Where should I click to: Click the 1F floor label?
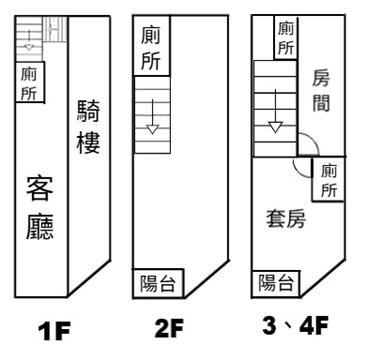pos(55,331)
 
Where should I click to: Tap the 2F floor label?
pos(169,329)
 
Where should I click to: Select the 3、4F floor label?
pos(295,326)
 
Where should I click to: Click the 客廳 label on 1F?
pos(40,208)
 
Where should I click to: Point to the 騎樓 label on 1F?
pos(89,127)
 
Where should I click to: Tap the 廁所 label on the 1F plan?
pos(29,83)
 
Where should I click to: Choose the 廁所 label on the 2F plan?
pos(150,48)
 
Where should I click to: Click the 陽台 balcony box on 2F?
pos(158,283)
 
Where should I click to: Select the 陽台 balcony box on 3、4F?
pos(276,284)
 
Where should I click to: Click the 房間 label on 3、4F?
pos(321,92)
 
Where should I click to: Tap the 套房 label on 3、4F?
pos(286,220)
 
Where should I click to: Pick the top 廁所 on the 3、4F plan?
pos(286,38)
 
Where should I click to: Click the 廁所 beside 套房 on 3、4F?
pos(329,181)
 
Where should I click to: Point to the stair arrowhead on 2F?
pos(153,130)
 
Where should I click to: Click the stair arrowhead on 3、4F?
pos(275,127)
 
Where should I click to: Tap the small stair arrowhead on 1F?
pos(29,47)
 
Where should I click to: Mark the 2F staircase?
pos(152,115)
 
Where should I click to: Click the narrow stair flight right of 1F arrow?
pos(55,29)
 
